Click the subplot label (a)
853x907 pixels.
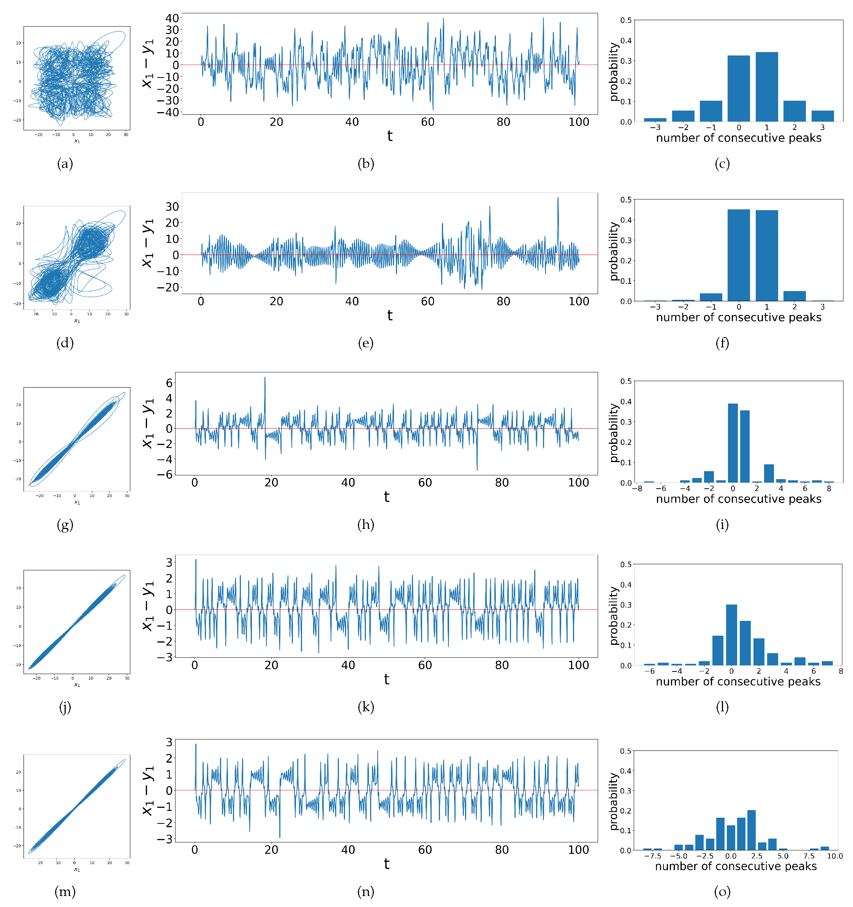65,164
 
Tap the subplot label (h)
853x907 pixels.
366,525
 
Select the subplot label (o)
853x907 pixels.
722,891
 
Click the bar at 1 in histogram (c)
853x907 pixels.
766,87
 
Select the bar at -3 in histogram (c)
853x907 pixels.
655,120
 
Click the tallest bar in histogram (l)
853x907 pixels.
731,635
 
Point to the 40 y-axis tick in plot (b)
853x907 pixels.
172,18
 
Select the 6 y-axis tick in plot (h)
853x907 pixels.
169,383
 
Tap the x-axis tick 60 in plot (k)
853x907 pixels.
425,665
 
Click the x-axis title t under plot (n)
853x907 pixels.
386,864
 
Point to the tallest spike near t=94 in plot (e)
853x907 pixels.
557,198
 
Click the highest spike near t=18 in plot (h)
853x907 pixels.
264,378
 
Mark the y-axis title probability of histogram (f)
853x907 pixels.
614,251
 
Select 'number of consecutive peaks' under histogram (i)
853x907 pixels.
738,499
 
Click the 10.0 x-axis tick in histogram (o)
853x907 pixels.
834,856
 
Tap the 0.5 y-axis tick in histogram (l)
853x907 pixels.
626,564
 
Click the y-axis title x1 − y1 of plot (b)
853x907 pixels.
148,64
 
